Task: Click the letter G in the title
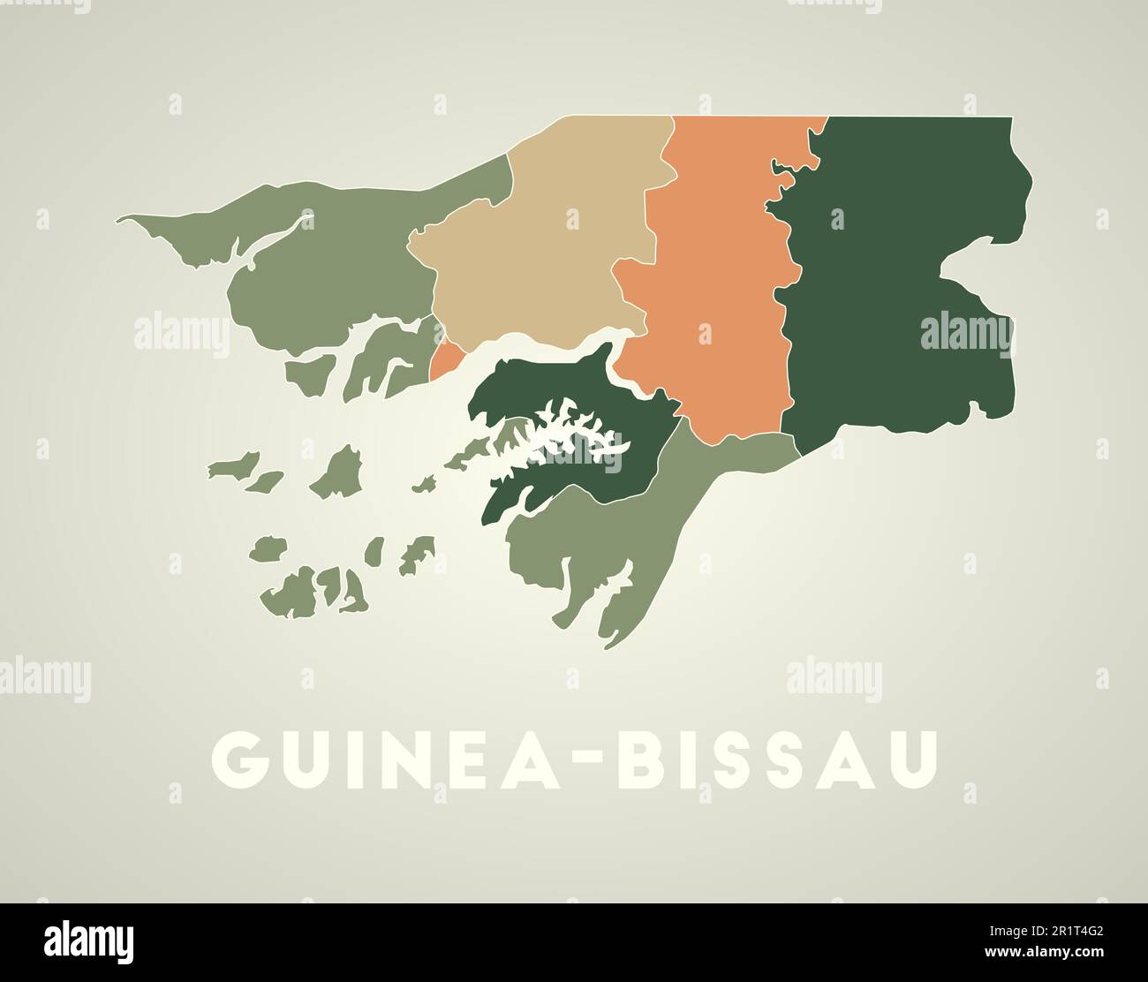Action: click(244, 759)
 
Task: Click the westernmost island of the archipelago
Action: click(235, 465)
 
